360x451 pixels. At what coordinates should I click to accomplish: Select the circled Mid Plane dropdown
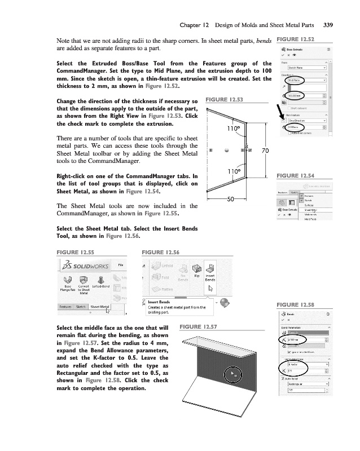(x=295, y=81)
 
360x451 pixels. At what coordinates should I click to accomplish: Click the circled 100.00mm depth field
(x=295, y=95)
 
